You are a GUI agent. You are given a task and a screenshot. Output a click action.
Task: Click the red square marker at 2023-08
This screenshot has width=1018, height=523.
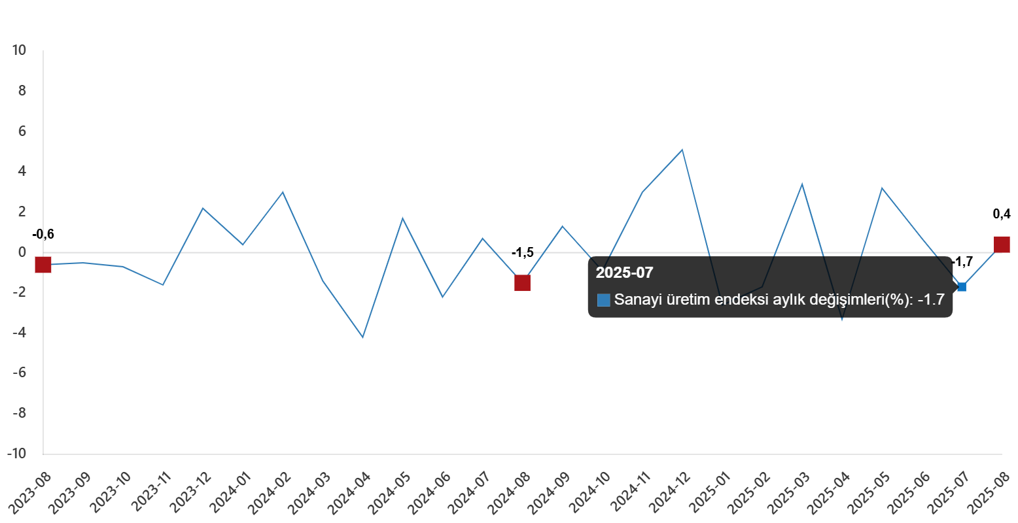pyautogui.click(x=43, y=265)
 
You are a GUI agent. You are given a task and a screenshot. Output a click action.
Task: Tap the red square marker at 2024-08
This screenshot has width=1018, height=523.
pyautogui.click(x=522, y=283)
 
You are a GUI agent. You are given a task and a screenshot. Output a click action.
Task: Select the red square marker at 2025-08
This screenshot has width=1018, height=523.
pyautogui.click(x=1002, y=245)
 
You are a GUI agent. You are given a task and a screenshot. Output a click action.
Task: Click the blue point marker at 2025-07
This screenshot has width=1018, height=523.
pyautogui.click(x=962, y=286)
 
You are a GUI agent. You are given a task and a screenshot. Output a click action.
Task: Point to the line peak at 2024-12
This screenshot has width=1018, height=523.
pyautogui.click(x=682, y=150)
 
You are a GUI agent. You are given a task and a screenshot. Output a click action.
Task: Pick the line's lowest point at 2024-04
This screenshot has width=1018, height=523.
pyautogui.click(x=362, y=337)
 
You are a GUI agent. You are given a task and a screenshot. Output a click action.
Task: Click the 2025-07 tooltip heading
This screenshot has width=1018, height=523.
pyautogui.click(x=624, y=273)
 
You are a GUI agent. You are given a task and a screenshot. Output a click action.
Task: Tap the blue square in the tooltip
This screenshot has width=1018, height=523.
pyautogui.click(x=604, y=300)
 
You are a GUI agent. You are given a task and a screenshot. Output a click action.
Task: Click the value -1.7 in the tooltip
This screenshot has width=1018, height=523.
pyautogui.click(x=931, y=300)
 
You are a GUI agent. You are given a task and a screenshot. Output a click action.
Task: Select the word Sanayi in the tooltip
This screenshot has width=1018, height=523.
pyautogui.click(x=635, y=300)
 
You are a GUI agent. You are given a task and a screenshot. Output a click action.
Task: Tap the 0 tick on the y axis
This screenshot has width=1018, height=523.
pyautogui.click(x=22, y=252)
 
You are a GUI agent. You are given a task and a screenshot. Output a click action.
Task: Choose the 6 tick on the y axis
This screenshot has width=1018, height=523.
pyautogui.click(x=22, y=131)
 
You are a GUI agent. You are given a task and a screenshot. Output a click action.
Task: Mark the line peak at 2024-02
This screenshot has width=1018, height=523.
pyautogui.click(x=283, y=192)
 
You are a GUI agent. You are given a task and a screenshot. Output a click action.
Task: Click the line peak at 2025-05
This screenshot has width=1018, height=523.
pyautogui.click(x=882, y=188)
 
